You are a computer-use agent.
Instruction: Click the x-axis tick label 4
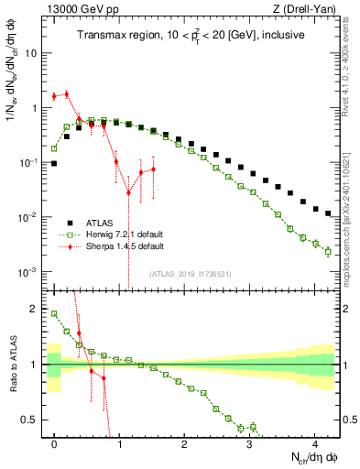click(x=314, y=442)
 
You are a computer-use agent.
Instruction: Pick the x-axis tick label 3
click(x=249, y=442)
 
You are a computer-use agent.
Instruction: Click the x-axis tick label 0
click(x=55, y=442)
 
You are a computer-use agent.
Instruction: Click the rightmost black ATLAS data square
click(x=328, y=213)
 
